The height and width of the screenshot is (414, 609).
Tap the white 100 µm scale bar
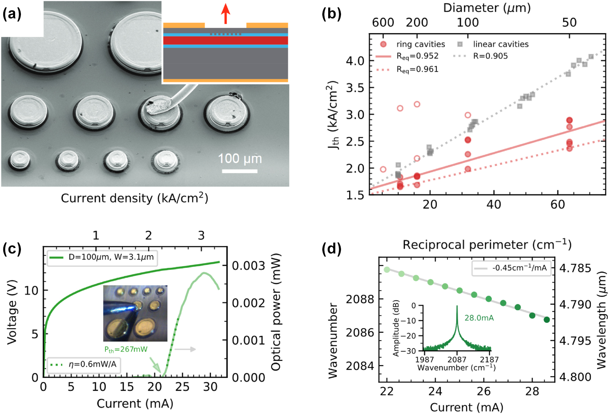239,171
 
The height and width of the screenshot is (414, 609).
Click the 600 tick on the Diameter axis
383,23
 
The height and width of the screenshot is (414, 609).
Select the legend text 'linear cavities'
500,44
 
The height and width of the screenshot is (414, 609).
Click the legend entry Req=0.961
417,69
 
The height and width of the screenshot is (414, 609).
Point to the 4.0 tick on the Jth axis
355,61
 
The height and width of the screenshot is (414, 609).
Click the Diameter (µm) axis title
487,8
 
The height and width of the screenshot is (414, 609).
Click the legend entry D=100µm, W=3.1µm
111,257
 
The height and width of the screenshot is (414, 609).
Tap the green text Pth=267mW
126,349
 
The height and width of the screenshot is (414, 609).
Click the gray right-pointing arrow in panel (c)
185,349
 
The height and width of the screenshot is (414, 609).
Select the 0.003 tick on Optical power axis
248,266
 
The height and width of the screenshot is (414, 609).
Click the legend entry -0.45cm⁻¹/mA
519,268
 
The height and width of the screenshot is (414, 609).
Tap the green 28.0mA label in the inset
479,318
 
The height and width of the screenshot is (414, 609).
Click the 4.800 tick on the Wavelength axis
575,377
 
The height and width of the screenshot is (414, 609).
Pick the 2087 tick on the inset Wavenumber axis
457,360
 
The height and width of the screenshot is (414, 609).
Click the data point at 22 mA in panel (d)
387,270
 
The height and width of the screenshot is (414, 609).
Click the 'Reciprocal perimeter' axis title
487,245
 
